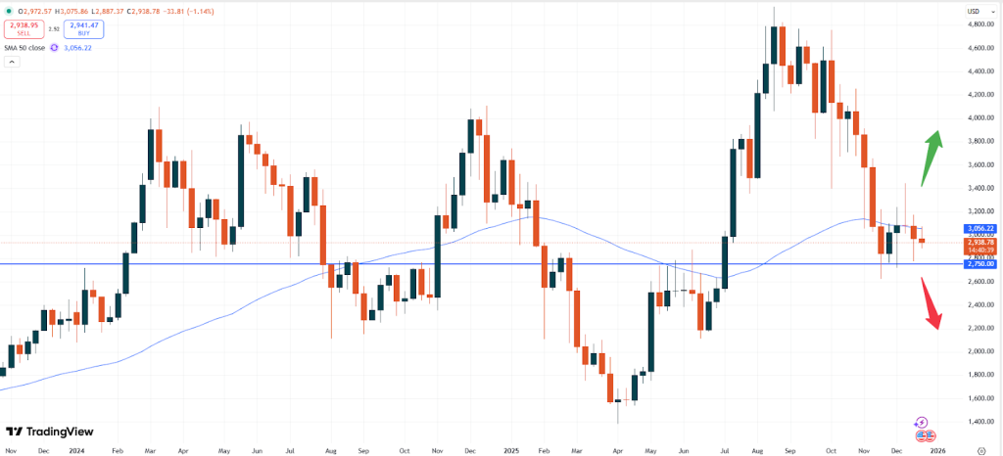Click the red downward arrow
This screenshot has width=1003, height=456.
[931, 303]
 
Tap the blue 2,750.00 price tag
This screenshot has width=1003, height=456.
[980, 264]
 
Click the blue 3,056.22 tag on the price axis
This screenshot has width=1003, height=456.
[980, 228]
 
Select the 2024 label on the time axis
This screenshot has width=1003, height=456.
[76, 451]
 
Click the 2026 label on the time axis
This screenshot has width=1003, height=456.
[937, 451]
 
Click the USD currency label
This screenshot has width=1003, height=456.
[975, 10]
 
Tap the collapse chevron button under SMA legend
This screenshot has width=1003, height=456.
[12, 62]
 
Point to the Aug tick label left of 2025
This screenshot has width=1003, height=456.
[330, 451]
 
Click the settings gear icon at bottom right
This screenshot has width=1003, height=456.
[982, 451]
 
